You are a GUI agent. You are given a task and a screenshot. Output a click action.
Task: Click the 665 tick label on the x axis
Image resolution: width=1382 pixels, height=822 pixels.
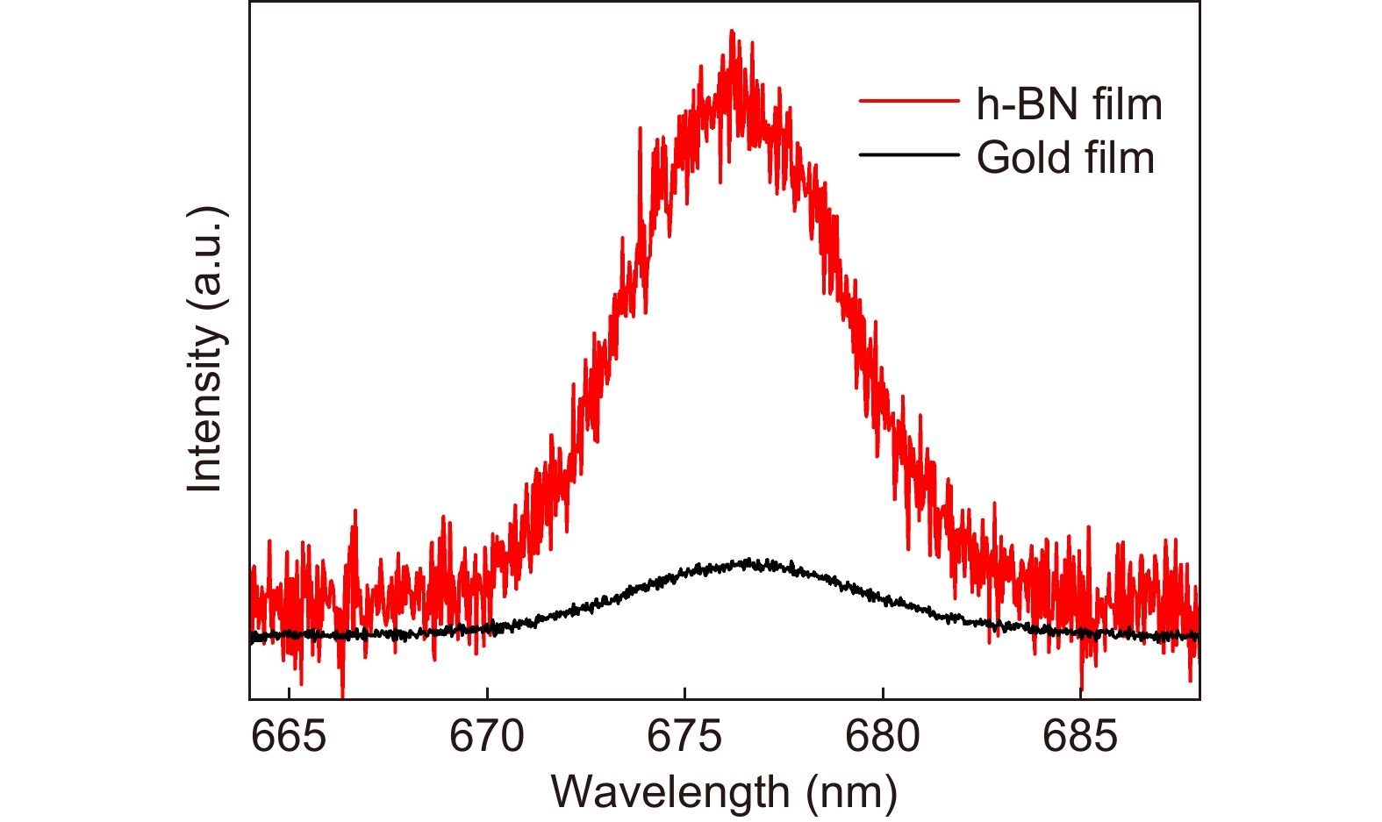289,737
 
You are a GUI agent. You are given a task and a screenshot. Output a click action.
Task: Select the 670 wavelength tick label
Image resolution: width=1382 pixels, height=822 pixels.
486,737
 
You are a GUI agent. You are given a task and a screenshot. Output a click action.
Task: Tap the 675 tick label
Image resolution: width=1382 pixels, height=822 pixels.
684,737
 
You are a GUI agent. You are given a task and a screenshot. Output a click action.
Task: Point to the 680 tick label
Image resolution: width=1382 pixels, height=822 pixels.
883,737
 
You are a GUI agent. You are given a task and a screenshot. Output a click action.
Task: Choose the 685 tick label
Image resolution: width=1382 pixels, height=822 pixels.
1080,737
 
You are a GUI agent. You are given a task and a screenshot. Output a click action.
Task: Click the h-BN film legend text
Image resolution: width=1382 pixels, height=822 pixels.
1069,105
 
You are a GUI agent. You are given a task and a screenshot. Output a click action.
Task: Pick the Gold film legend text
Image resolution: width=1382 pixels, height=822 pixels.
1065,159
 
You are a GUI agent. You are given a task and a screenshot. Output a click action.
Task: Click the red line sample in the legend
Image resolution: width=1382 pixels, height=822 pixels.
909,103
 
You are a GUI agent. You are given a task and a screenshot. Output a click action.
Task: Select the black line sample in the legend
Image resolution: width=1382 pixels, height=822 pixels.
909,155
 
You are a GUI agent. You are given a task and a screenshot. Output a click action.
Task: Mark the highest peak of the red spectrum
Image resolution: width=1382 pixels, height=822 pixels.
731,32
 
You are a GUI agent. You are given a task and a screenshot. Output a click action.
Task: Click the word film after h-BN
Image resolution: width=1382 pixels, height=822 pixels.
1128,105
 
